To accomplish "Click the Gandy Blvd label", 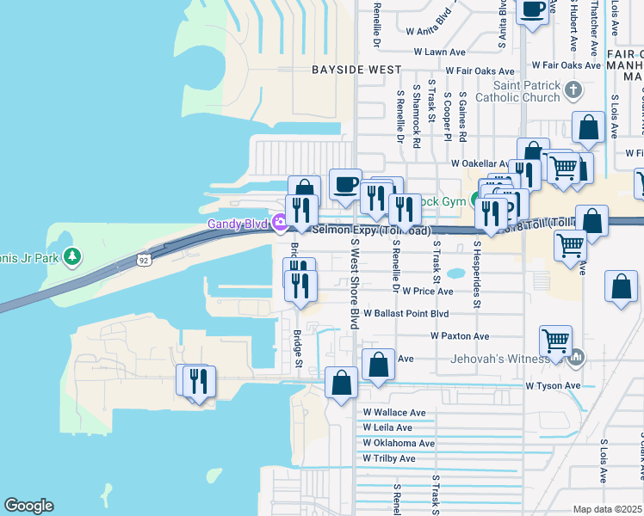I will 238,224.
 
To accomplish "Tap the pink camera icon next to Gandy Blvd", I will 279,224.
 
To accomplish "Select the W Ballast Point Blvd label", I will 406,314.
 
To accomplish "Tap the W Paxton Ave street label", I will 460,336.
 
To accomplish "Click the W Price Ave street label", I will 426,292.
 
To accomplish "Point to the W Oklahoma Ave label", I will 399,443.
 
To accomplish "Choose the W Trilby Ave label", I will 389,458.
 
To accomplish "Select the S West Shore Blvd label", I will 354,284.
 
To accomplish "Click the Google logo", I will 28,506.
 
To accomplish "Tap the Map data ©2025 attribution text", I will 607,509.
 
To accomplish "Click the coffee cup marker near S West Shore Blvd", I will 345,183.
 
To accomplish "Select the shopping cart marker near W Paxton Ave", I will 556,341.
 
